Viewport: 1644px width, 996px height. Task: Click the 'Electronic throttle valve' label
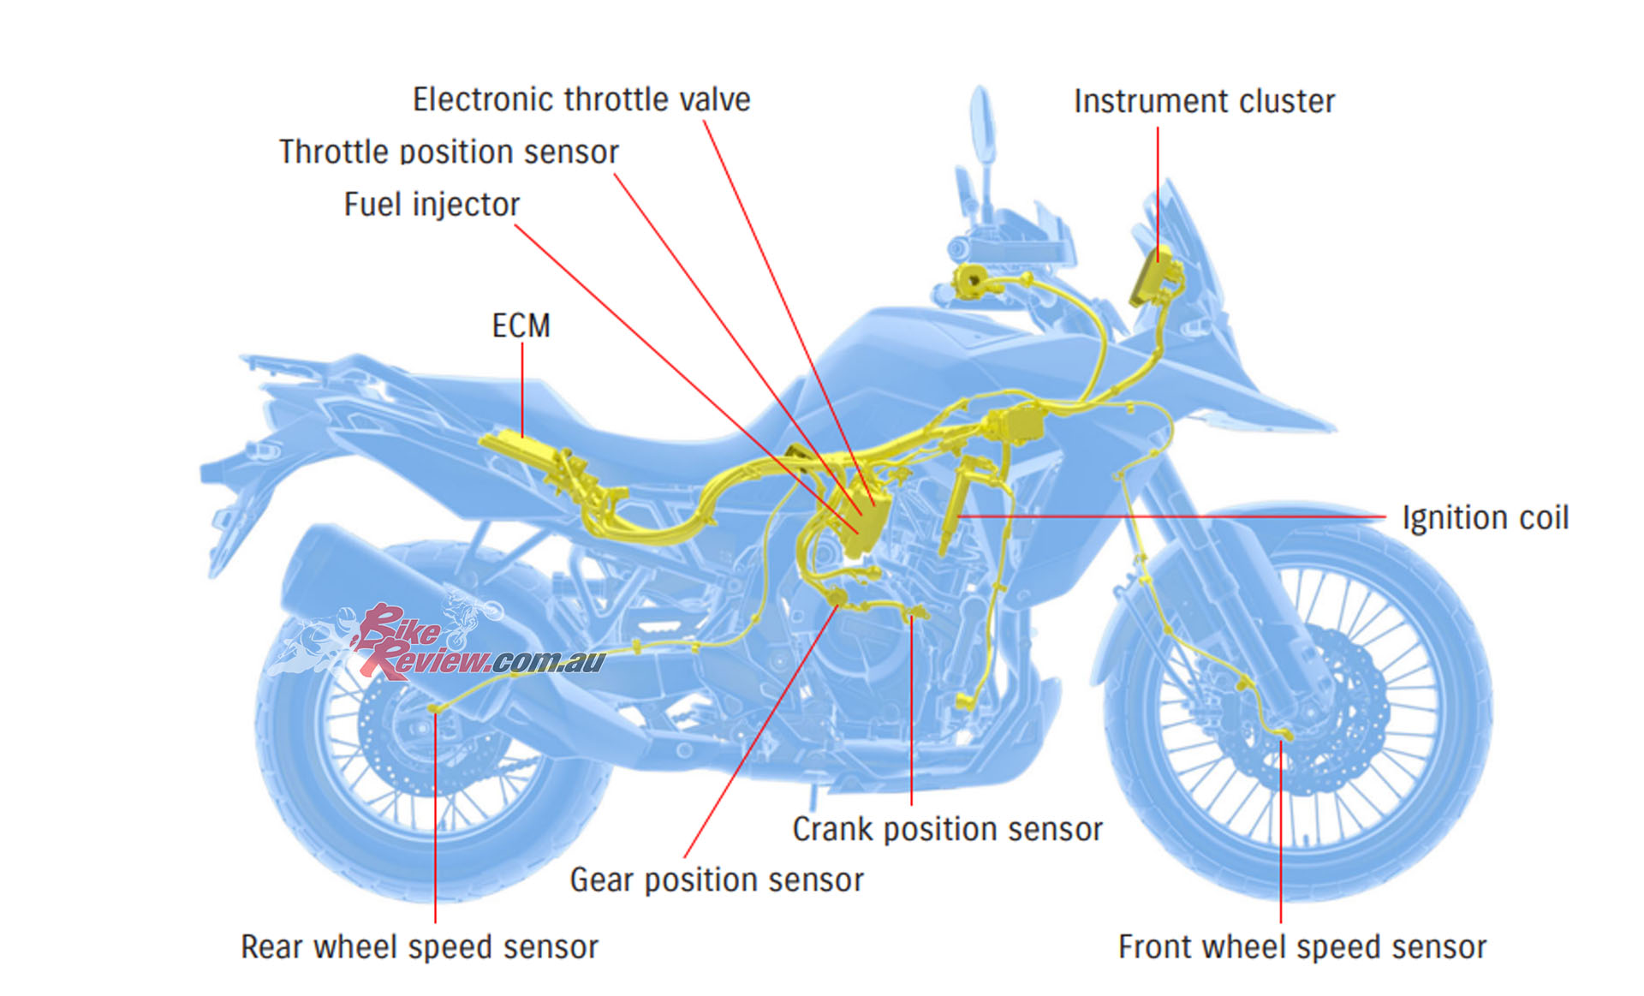point(581,100)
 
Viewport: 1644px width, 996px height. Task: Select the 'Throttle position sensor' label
point(449,152)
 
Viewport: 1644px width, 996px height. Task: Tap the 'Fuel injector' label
point(432,205)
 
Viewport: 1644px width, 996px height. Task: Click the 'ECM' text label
point(521,326)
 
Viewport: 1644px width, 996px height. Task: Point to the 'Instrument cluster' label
point(1204,102)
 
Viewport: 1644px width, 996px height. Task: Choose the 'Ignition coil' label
point(1485,518)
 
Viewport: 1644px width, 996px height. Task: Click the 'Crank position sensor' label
point(947,829)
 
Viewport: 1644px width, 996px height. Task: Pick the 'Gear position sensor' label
point(717,880)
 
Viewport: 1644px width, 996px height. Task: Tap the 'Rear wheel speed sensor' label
point(420,947)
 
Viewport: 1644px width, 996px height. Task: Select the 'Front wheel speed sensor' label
point(1301,947)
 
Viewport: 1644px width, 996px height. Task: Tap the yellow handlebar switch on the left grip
point(972,279)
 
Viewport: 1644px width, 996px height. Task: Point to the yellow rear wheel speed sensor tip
point(435,708)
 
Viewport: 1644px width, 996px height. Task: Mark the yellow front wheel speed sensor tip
point(1284,734)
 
